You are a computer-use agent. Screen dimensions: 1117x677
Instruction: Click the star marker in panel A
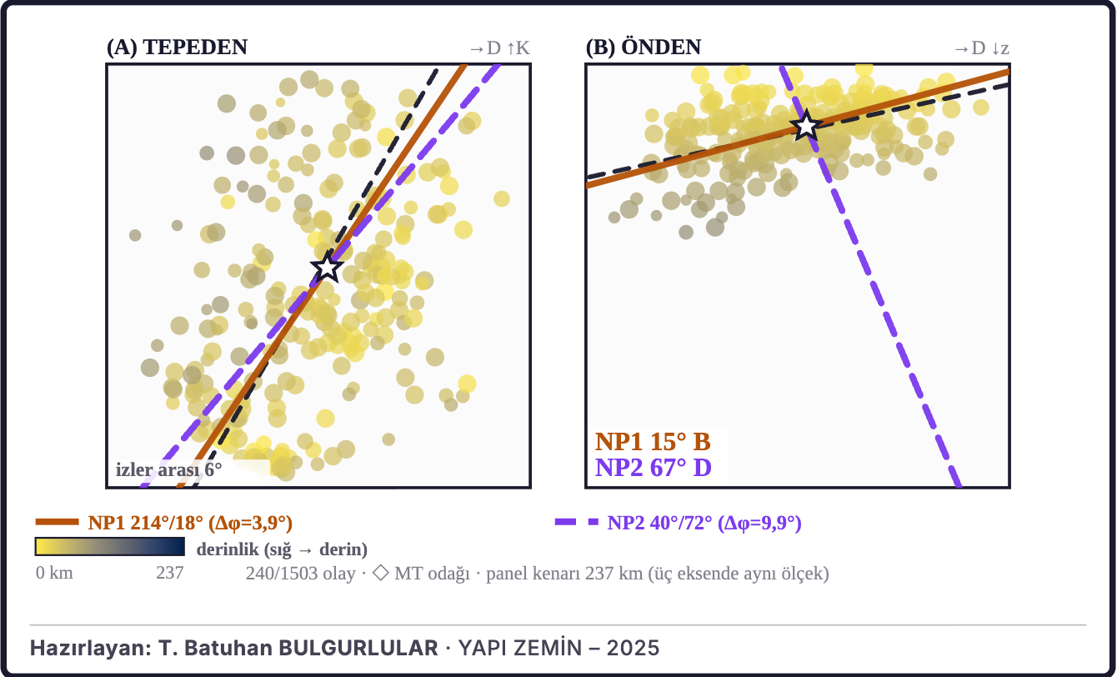327,268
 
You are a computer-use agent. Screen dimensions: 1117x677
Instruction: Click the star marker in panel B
806,126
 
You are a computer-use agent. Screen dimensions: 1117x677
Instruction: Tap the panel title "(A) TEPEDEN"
177,48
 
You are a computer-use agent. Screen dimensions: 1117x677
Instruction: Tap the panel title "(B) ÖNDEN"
644,48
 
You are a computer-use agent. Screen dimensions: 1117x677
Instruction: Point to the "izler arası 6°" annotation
168,469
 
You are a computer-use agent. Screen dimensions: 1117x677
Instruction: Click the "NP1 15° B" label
653,442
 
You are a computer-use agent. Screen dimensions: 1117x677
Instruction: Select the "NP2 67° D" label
654,468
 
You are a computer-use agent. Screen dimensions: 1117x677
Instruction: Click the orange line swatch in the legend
57,522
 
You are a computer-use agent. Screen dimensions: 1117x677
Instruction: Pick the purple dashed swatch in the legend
577,522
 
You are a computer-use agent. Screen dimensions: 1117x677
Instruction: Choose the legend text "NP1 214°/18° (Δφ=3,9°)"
190,523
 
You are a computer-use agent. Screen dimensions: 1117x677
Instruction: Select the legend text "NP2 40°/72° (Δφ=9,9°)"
704,523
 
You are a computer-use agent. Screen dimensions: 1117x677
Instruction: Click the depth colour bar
110,546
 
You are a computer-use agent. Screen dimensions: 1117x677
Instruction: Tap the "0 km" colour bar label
54,573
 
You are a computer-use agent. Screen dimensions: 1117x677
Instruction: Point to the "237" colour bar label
169,573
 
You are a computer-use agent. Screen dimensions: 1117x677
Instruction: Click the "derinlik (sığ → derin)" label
282,549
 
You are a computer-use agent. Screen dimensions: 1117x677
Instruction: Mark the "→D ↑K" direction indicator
499,48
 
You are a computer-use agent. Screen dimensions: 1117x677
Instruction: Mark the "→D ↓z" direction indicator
982,48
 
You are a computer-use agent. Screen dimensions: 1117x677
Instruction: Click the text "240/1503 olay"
300,574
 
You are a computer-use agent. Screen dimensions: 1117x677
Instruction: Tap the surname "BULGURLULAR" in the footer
358,648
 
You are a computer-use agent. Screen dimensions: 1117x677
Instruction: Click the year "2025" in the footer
633,648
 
